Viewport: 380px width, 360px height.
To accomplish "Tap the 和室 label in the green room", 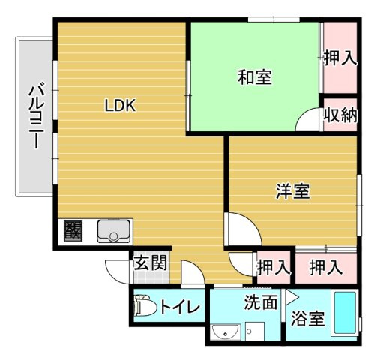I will pyautogui.click(x=255, y=76).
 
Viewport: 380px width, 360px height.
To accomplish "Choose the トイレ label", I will pyautogui.click(x=179, y=306).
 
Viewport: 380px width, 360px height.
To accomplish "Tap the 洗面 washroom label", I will pyautogui.click(x=260, y=302).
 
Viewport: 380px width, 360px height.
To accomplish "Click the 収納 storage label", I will pyautogui.click(x=340, y=116).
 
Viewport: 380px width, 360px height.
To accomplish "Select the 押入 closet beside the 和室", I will pyautogui.click(x=340, y=58).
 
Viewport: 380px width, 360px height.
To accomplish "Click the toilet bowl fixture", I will pyautogui.click(x=143, y=307).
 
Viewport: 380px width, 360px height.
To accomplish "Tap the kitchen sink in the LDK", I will pyautogui.click(x=113, y=232).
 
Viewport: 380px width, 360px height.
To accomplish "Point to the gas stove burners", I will pyautogui.click(x=73, y=231).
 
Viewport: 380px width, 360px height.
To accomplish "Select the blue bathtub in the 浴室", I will pyautogui.click(x=344, y=313).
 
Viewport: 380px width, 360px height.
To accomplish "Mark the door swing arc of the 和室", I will pyautogui.click(x=307, y=121).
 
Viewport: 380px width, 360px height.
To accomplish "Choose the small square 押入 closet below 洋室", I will pyautogui.click(x=273, y=265).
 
